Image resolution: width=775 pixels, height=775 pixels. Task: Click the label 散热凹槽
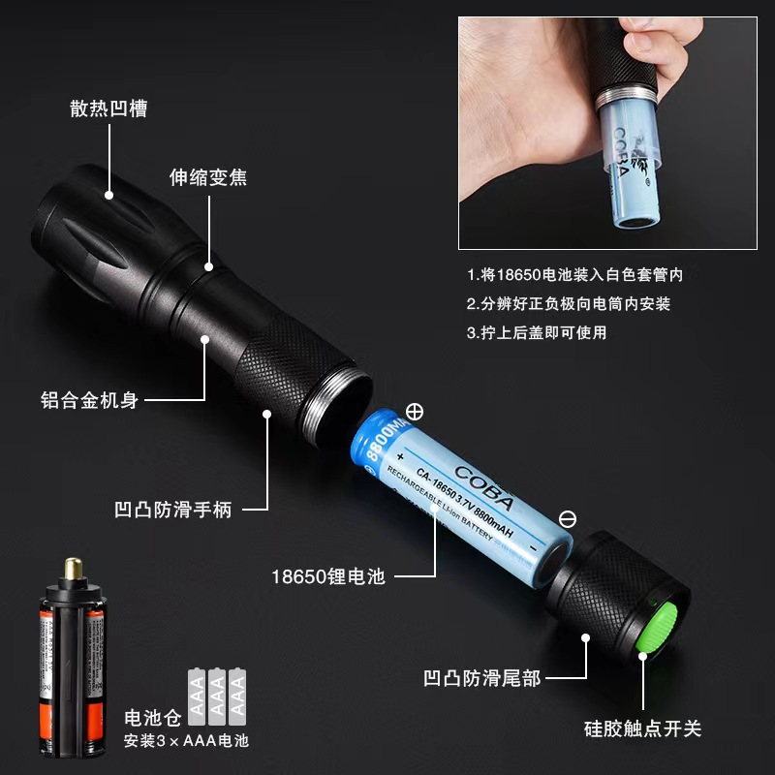pos(108,108)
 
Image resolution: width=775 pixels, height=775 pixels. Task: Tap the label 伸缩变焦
pos(208,177)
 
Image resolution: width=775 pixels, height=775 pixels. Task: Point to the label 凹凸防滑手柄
pos(173,509)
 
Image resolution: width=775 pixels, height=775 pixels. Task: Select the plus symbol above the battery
pos(415,412)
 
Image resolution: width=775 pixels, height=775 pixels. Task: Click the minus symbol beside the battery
pos(568,519)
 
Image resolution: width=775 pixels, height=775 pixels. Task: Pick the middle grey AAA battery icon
pos(216,695)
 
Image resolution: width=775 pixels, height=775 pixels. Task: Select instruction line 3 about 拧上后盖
pos(542,332)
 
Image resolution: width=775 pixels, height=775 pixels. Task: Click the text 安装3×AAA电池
pos(186,742)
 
